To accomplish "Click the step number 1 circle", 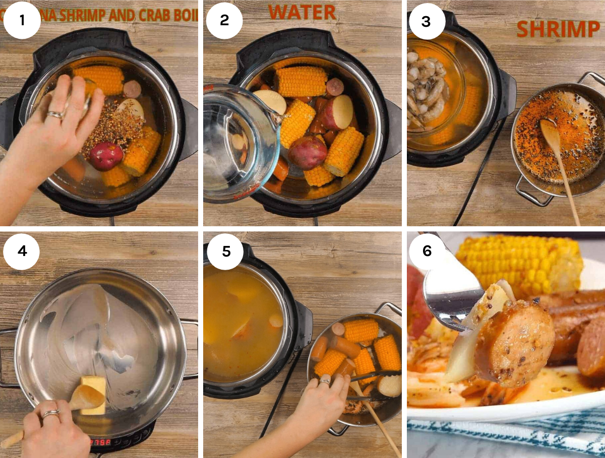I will tap(22, 20).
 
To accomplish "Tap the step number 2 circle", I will tap(224, 20).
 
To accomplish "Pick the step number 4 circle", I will tap(22, 251).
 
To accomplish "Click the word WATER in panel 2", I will tap(301, 12).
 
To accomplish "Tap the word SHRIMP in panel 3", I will tap(558, 29).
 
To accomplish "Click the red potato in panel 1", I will tap(106, 156).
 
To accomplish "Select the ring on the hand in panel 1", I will tap(55, 115).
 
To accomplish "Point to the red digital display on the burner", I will tap(100, 442).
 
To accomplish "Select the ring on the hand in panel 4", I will tap(50, 414).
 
